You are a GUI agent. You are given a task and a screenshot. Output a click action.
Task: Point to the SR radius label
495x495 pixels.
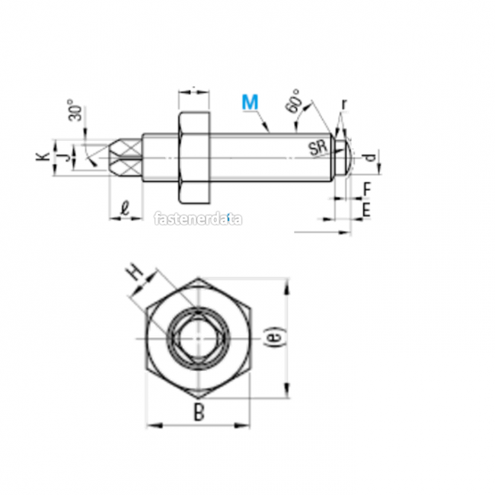pyautogui.click(x=318, y=148)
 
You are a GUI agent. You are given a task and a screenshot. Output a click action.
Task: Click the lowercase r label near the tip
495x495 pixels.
pyautogui.click(x=344, y=103)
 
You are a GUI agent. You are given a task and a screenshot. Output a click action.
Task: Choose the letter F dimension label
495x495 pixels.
pyautogui.click(x=366, y=188)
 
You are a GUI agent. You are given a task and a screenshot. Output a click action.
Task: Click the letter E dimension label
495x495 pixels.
pyautogui.click(x=366, y=209)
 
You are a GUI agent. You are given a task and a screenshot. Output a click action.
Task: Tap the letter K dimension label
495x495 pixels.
pyautogui.click(x=44, y=157)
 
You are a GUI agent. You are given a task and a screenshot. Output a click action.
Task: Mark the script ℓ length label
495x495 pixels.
pyautogui.click(x=125, y=206)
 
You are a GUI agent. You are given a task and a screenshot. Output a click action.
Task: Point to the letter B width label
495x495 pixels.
pyautogui.click(x=198, y=414)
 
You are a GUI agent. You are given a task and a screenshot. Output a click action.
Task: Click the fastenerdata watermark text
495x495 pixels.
pyautogui.click(x=198, y=219)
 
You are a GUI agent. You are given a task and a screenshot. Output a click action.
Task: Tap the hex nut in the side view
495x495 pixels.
pyautogui.click(x=194, y=158)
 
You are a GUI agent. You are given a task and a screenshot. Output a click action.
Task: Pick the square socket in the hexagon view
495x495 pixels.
pyautogui.click(x=198, y=338)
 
